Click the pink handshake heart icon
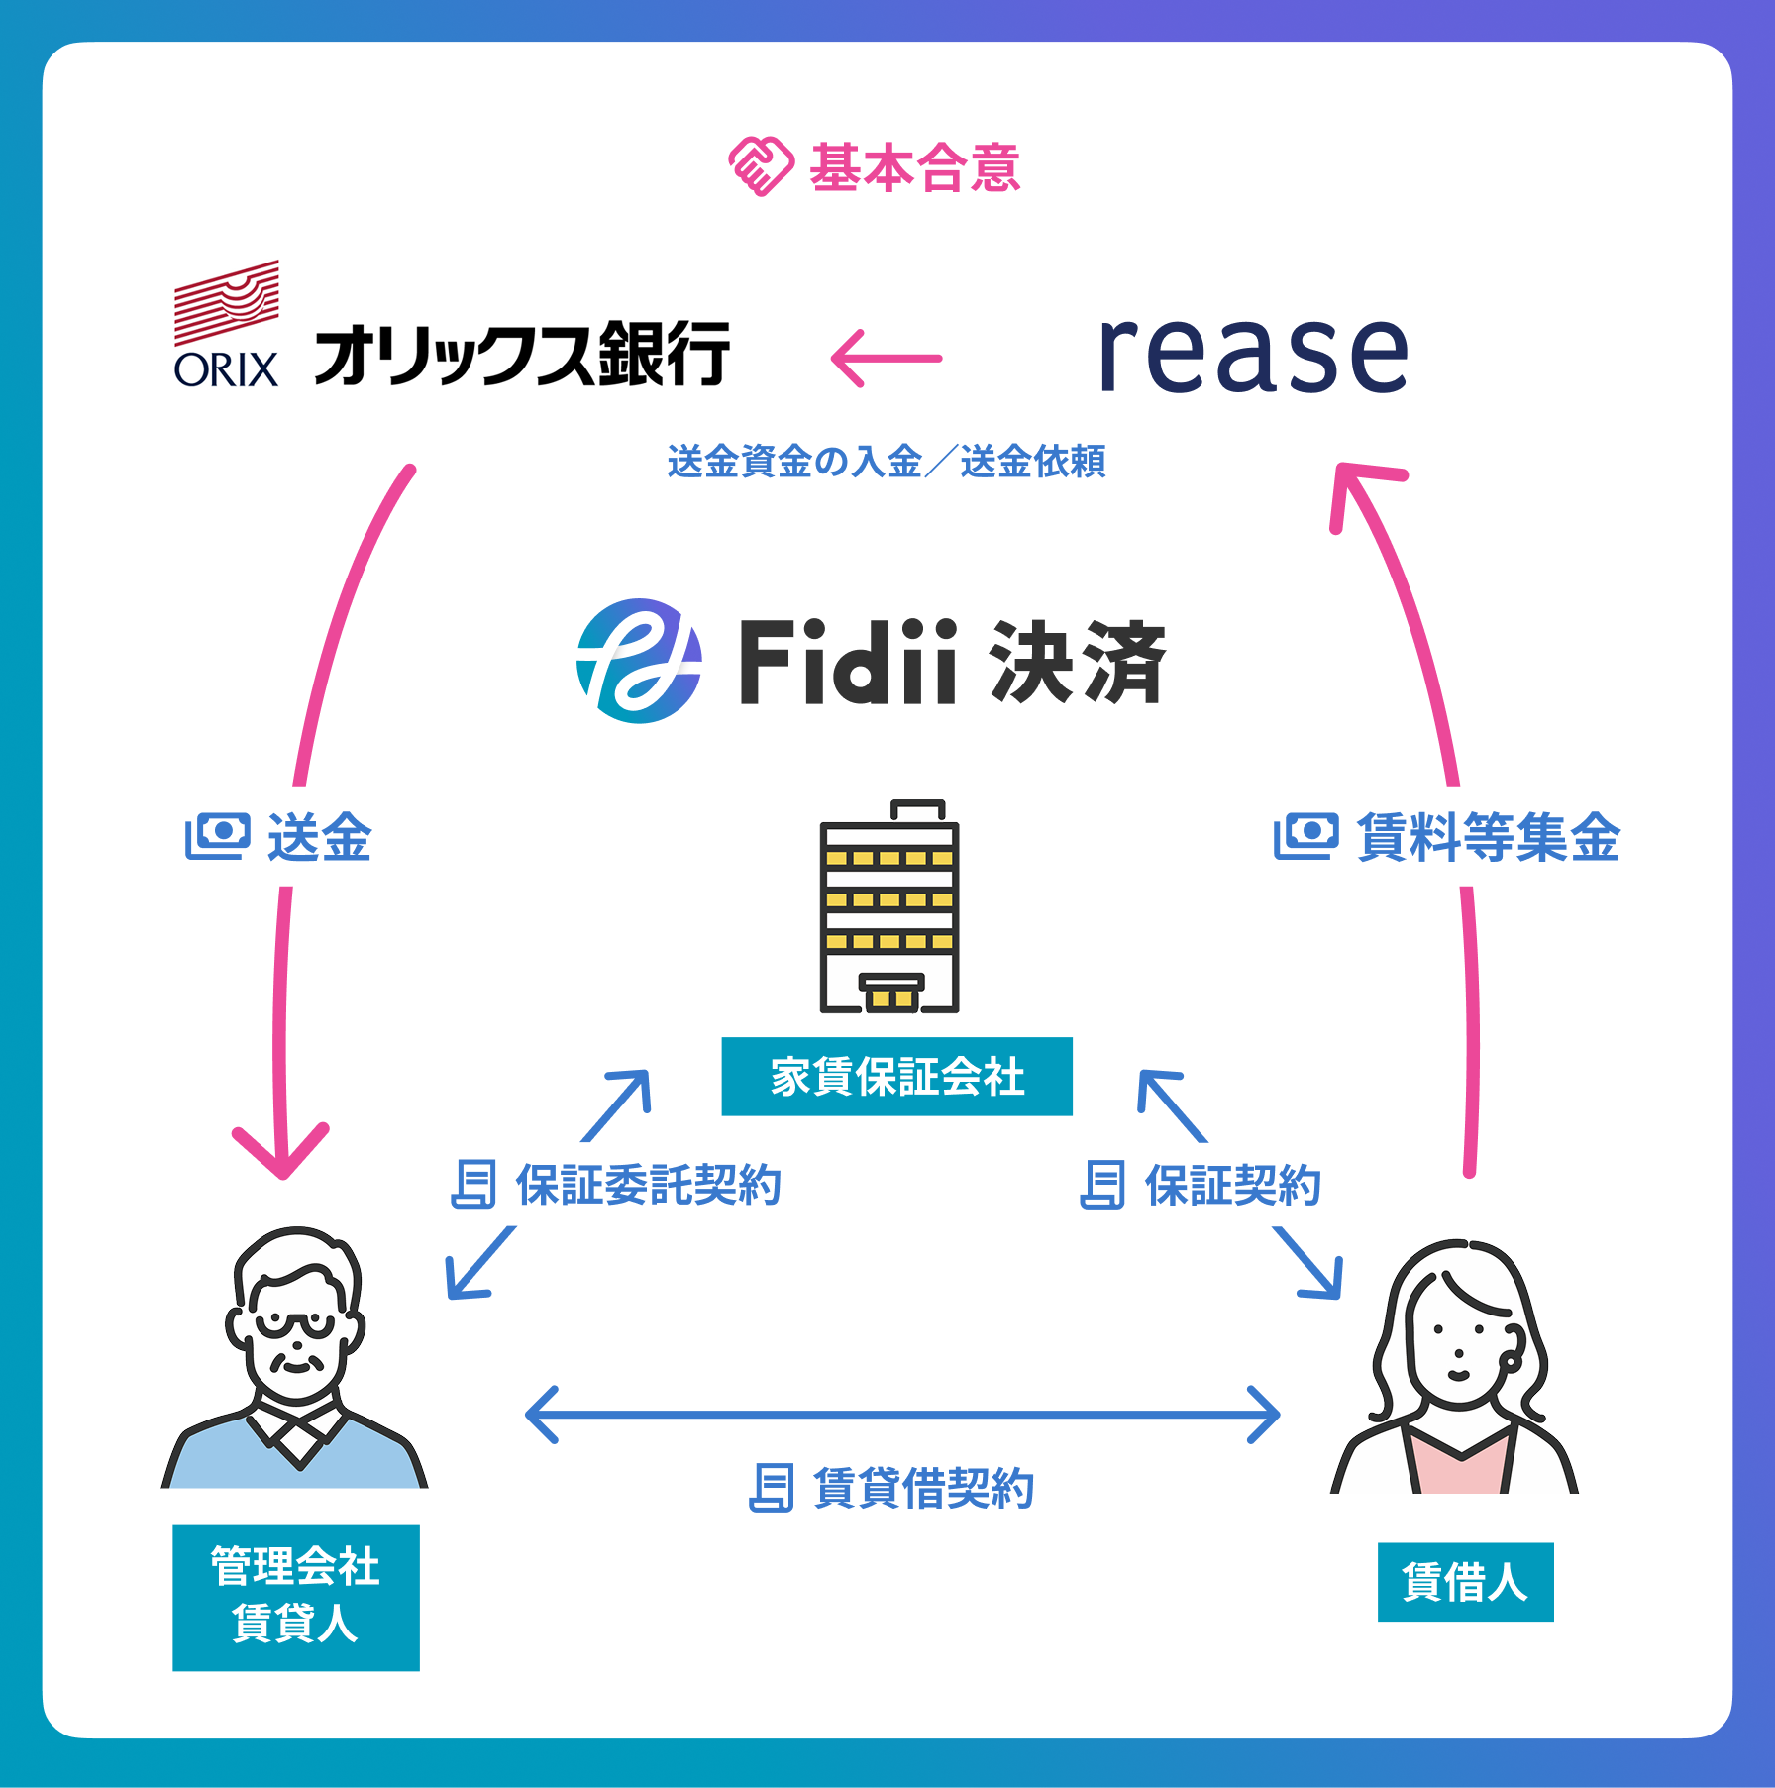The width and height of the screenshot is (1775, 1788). click(x=761, y=166)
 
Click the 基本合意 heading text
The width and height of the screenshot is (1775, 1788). click(x=914, y=167)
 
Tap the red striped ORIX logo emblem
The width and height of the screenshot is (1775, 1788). click(x=227, y=301)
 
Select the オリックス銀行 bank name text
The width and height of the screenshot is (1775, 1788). click(x=522, y=355)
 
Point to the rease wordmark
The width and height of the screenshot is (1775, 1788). click(x=1253, y=354)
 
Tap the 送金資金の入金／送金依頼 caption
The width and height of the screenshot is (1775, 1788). click(x=887, y=462)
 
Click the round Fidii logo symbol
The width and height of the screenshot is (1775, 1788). click(x=639, y=661)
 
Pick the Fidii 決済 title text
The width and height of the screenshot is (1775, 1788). click(x=952, y=663)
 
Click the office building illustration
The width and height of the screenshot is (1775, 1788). click(x=889, y=907)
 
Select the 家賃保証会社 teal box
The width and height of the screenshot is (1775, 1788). click(x=896, y=1077)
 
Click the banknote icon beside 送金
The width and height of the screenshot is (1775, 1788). click(x=217, y=837)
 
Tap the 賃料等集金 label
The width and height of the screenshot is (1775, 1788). click(x=1488, y=837)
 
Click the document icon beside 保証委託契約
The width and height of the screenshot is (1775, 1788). click(x=473, y=1185)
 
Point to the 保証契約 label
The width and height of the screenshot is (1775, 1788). click(x=1233, y=1185)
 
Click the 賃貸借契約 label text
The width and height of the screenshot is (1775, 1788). click(x=923, y=1488)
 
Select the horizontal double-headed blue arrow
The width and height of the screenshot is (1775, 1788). click(x=901, y=1415)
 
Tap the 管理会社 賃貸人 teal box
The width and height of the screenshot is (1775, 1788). click(x=295, y=1597)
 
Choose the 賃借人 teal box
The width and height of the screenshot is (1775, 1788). click(x=1465, y=1582)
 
